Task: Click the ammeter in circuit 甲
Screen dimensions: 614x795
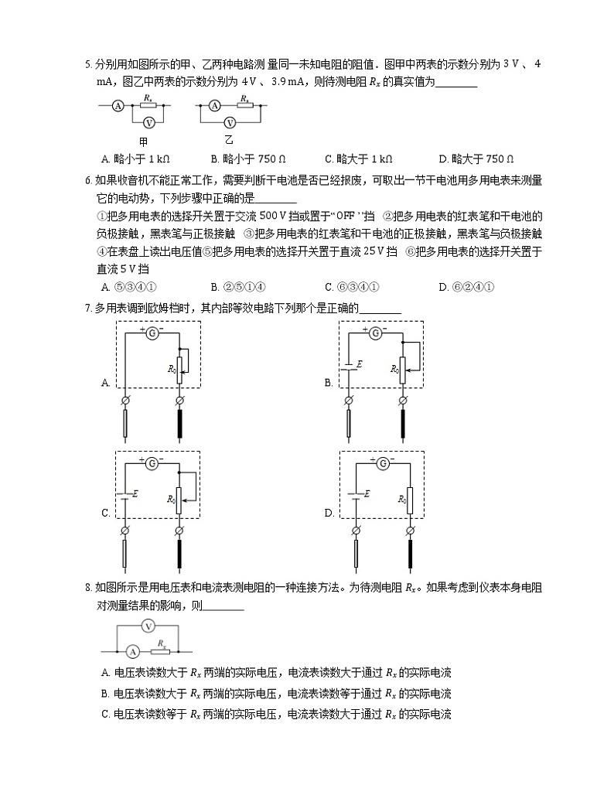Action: (x=118, y=106)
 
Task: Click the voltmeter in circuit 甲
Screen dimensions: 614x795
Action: (x=152, y=122)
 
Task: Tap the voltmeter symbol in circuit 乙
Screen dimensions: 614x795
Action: (x=229, y=122)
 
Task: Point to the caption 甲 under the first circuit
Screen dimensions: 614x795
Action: (x=144, y=142)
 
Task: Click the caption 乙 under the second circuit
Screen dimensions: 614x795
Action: (x=229, y=140)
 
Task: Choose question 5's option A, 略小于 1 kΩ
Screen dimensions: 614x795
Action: (x=135, y=159)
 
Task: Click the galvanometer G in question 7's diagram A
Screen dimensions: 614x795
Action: (x=152, y=333)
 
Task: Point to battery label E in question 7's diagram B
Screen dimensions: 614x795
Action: (x=359, y=363)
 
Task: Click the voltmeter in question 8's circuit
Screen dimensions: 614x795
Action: (x=150, y=626)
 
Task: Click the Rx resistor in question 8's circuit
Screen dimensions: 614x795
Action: (x=162, y=650)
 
